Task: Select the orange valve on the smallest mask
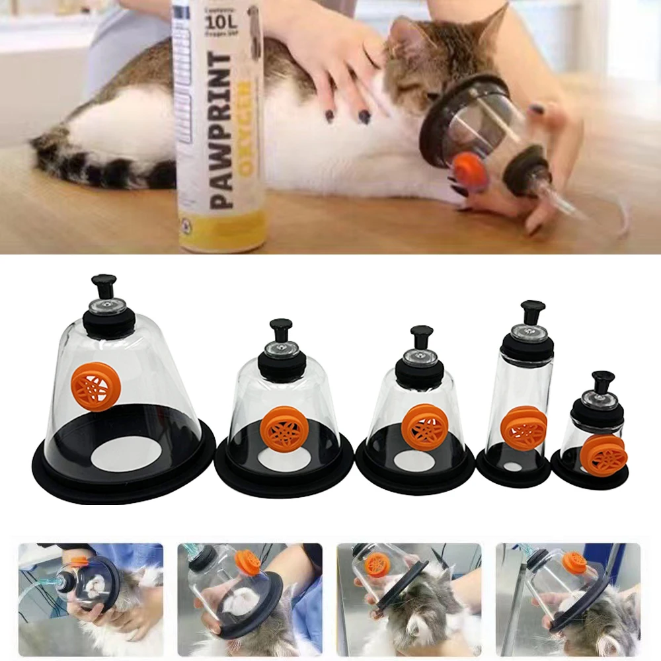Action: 603,455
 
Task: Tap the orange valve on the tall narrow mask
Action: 524,428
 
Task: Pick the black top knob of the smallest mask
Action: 602,381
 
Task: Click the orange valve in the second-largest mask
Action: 283,429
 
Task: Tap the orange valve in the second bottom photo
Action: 249,561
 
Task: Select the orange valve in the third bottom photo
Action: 377,564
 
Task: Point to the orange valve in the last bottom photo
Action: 574,562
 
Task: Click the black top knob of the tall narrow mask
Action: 532,311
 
